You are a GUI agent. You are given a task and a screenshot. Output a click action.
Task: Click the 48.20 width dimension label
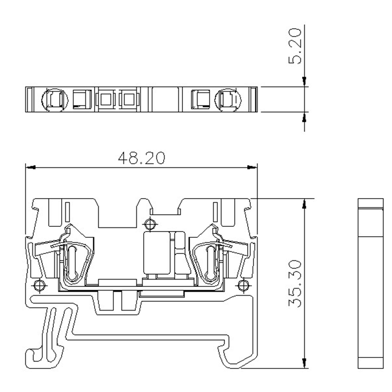click(x=142, y=158)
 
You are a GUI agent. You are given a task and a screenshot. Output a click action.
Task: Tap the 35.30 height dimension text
click(x=295, y=283)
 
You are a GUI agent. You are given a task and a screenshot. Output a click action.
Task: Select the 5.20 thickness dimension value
click(x=295, y=46)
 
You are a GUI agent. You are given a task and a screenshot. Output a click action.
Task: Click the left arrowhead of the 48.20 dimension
click(x=30, y=167)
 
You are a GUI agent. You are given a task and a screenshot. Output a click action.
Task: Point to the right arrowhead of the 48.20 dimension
click(x=252, y=167)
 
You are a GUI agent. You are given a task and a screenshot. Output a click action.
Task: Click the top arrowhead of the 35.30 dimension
click(x=304, y=203)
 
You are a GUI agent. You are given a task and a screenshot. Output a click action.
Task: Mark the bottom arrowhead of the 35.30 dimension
click(x=304, y=363)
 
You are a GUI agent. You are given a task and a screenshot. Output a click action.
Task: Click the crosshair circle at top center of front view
click(x=150, y=224)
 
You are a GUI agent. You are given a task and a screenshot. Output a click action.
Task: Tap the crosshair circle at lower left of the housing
click(x=39, y=285)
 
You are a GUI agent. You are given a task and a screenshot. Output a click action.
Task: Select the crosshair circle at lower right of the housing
click(x=243, y=285)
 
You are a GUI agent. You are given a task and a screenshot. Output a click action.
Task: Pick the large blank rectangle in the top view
click(x=164, y=99)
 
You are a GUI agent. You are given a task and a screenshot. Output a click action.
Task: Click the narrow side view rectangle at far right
click(x=371, y=283)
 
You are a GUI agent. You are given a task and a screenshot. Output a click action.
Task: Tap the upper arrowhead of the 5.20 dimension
click(x=304, y=82)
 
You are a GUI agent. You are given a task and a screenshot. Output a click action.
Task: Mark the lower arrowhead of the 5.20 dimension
click(x=304, y=117)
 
